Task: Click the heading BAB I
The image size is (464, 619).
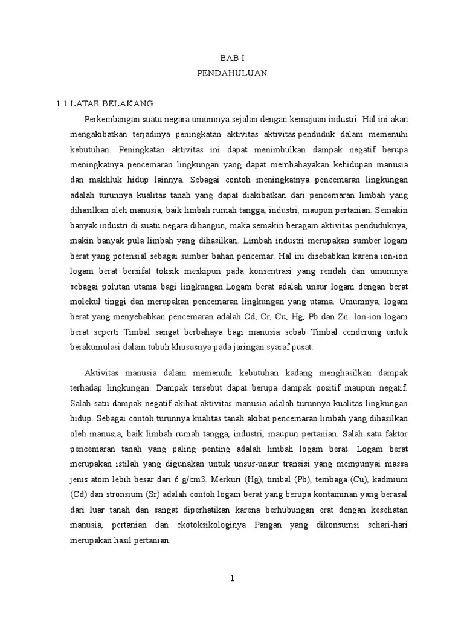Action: click(231, 58)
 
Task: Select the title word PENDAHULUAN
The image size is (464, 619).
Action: click(231, 73)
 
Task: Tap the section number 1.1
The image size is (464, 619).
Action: click(63, 103)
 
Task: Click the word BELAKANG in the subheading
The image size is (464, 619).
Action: click(132, 103)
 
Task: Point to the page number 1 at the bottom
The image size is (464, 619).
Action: click(231, 578)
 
